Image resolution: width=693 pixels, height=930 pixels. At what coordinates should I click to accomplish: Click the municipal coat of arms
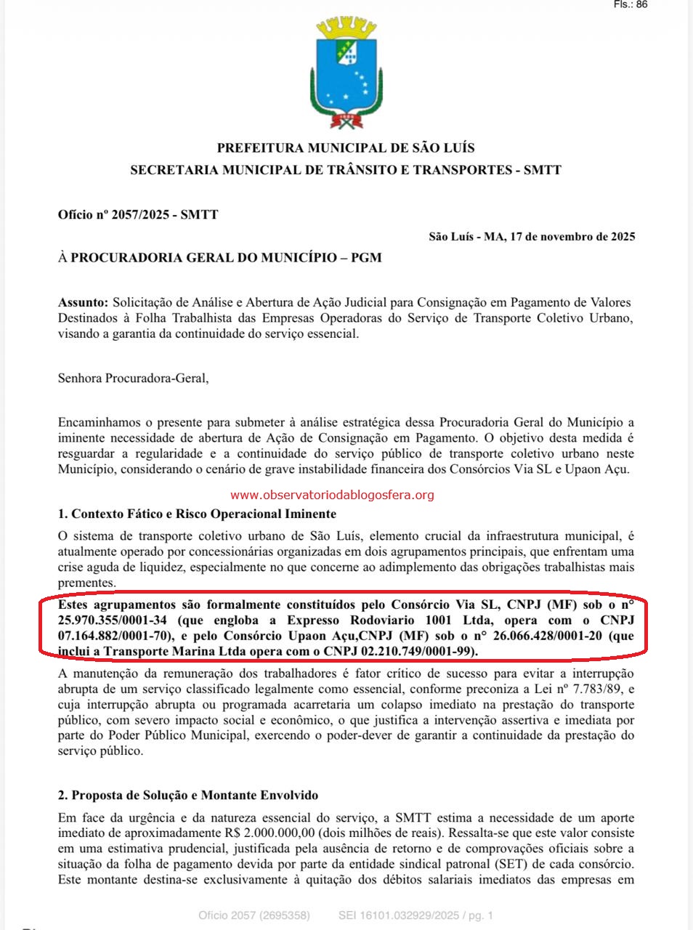pyautogui.click(x=346, y=73)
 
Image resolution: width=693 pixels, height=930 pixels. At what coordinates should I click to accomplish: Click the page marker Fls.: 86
pyautogui.click(x=630, y=4)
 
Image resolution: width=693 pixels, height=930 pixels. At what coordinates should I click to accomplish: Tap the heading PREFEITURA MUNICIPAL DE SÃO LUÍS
pyautogui.click(x=346, y=148)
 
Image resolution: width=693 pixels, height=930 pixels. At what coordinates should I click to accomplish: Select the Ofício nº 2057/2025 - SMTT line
pyautogui.click(x=138, y=214)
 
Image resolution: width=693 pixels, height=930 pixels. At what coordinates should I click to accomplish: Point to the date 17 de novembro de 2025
pyautogui.click(x=572, y=237)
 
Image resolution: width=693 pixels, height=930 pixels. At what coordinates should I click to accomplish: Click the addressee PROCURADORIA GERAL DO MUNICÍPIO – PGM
pyautogui.click(x=225, y=257)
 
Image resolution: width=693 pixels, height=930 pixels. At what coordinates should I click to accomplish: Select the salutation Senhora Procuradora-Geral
pyautogui.click(x=133, y=378)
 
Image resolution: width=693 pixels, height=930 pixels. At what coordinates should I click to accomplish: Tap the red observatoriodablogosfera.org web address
pyautogui.click(x=332, y=496)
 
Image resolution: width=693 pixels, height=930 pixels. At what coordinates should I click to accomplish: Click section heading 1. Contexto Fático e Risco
pyautogui.click(x=197, y=514)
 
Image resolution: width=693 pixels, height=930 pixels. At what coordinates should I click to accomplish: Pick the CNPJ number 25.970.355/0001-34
pyautogui.click(x=113, y=620)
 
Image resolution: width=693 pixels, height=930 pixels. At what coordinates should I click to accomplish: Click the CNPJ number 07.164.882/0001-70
pyautogui.click(x=113, y=636)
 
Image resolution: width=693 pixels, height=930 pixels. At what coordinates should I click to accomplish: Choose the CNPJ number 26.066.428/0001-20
pyautogui.click(x=552, y=636)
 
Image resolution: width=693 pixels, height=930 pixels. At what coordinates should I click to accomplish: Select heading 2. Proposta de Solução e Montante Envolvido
pyautogui.click(x=187, y=796)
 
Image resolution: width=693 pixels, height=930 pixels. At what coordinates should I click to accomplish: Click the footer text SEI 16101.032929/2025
pyautogui.click(x=398, y=915)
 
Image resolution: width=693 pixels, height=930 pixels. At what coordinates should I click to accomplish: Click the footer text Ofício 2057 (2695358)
pyautogui.click(x=254, y=915)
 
